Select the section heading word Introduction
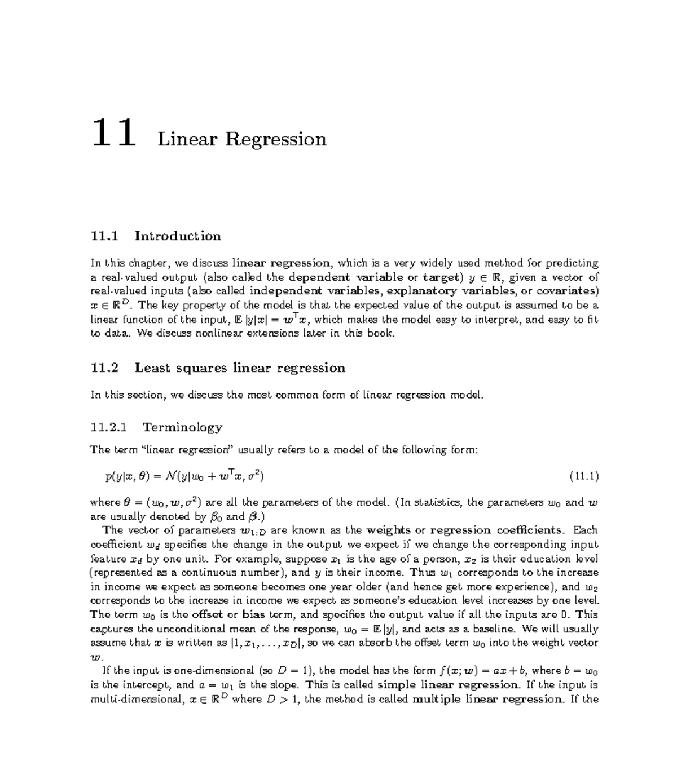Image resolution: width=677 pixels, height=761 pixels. tap(178, 236)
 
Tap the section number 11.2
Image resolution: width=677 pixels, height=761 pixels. tap(105, 368)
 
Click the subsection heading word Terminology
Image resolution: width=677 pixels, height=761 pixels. tap(182, 427)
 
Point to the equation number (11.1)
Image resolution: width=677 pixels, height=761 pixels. tap(583, 477)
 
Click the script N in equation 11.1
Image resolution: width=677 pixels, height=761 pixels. tap(171, 477)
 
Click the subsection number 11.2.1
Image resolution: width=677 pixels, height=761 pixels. tap(109, 427)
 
